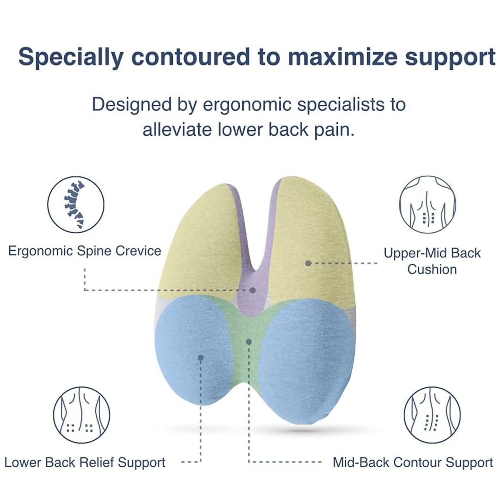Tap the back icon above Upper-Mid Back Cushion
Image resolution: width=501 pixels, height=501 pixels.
(427, 204)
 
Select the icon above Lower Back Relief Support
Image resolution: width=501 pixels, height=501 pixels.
(81, 415)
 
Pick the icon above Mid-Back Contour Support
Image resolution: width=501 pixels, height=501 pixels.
(432, 415)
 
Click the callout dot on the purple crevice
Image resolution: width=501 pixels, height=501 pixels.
(253, 290)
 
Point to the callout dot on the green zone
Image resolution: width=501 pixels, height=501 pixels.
(249, 342)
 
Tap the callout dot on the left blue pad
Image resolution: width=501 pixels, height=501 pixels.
(200, 357)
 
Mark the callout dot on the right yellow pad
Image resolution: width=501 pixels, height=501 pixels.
(308, 263)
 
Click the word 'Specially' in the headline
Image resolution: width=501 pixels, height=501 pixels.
(71, 57)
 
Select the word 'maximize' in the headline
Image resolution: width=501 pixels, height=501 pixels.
(343, 57)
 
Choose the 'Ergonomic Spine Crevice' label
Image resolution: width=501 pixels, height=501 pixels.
(85, 251)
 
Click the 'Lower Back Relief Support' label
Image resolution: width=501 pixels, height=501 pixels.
(85, 463)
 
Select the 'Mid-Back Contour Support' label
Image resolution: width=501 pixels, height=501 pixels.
(413, 463)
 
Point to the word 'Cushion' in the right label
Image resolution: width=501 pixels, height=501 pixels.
(432, 269)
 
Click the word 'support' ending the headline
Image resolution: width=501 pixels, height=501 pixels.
(450, 57)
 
